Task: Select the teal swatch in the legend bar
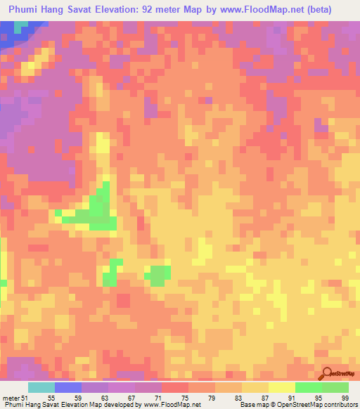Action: coord(41,388)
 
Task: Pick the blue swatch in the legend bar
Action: coord(68,388)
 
